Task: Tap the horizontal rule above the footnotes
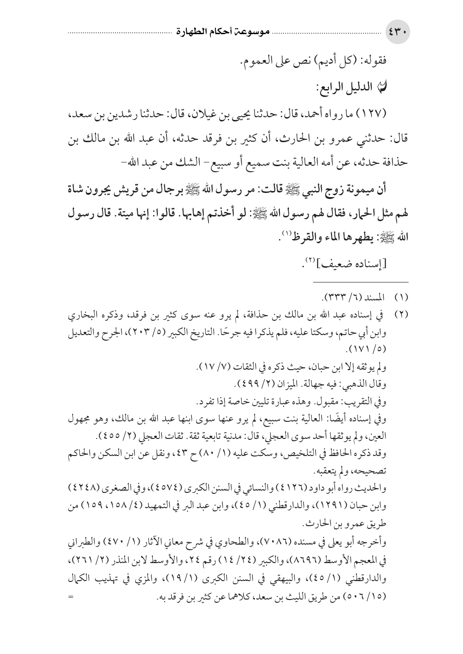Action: tap(361, 281)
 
